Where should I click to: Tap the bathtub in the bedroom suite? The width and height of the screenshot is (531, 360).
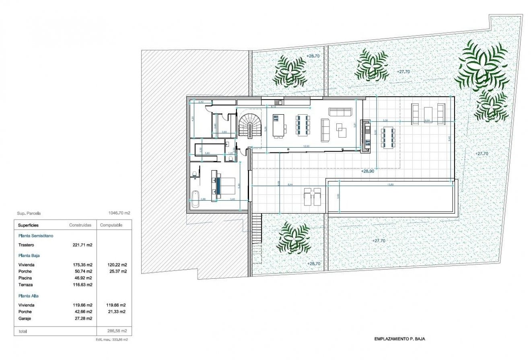coord(196,199)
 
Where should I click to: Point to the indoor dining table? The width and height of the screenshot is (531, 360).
coord(303,125)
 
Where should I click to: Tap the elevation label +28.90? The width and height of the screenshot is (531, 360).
coord(368,171)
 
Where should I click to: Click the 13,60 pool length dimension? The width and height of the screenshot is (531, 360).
coord(390,185)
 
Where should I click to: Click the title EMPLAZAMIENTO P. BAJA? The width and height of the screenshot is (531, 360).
coord(399,339)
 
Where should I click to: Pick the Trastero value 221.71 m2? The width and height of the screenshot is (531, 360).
coord(84,245)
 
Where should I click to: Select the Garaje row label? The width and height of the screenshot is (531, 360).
coord(25,318)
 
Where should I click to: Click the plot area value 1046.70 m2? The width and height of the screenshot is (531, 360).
coord(119,214)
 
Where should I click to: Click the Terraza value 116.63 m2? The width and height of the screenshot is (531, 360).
coord(84,285)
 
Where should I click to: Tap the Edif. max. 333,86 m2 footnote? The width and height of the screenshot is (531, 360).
coord(114,340)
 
